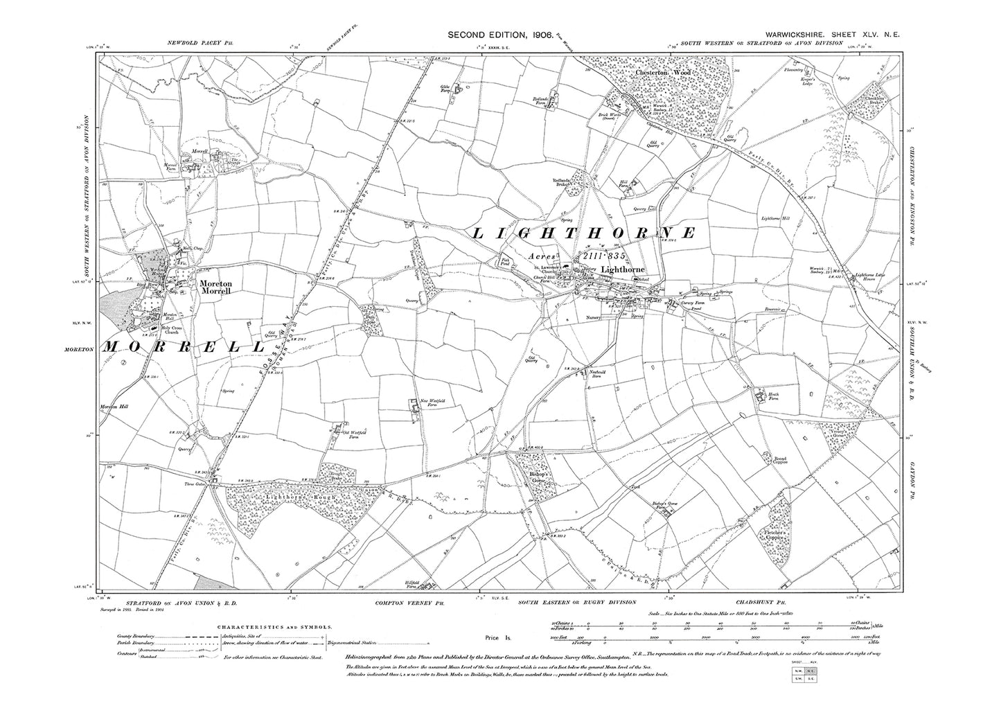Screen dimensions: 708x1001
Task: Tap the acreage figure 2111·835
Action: point(604,256)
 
